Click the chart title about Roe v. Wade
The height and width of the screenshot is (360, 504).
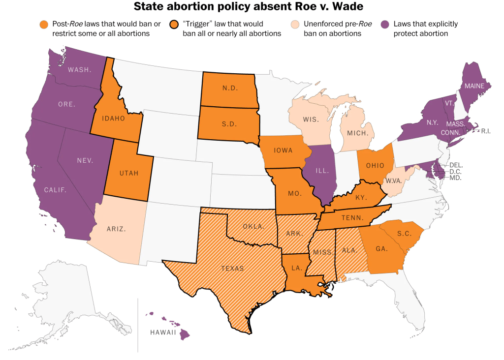(252, 7)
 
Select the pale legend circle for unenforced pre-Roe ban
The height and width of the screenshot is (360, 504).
(295, 24)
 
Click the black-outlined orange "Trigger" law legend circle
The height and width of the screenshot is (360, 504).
(174, 24)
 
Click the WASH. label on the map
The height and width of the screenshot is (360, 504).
(80, 69)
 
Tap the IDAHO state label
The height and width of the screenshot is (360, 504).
(114, 119)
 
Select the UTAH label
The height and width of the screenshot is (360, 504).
(129, 173)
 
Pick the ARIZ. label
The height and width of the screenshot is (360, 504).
(117, 229)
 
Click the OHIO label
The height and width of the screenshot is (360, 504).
(375, 165)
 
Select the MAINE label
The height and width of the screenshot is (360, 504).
(473, 86)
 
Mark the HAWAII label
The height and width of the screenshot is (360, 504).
(162, 332)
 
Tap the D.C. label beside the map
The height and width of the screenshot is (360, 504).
(456, 171)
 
